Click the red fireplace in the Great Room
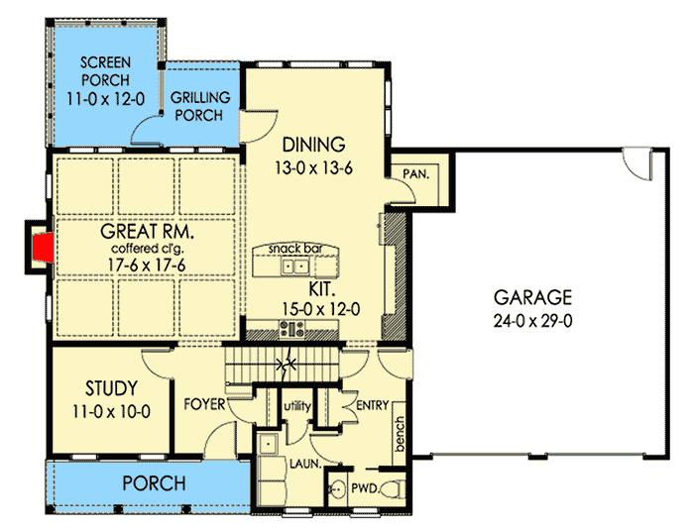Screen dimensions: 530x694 click(x=40, y=247)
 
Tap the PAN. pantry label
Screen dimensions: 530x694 click(x=415, y=173)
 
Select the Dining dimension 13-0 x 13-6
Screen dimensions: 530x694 click(x=314, y=168)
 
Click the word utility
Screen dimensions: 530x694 click(x=298, y=406)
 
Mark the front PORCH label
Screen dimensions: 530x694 click(x=154, y=483)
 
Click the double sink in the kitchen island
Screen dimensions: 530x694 click(x=293, y=266)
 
